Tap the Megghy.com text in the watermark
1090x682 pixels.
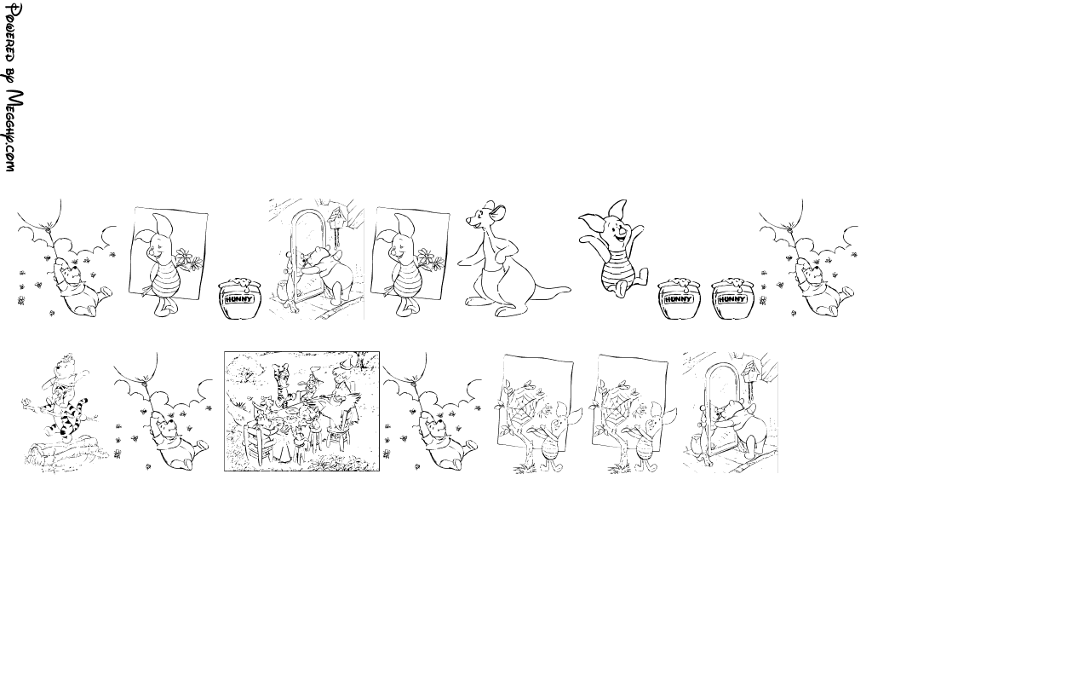[14, 130]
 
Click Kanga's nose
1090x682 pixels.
[468, 223]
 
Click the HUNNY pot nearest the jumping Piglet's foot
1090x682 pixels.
[680, 298]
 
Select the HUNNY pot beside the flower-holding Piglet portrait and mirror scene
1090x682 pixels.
[238, 298]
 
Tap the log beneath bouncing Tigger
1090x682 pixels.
[65, 451]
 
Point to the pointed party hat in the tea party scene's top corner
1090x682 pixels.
[346, 364]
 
